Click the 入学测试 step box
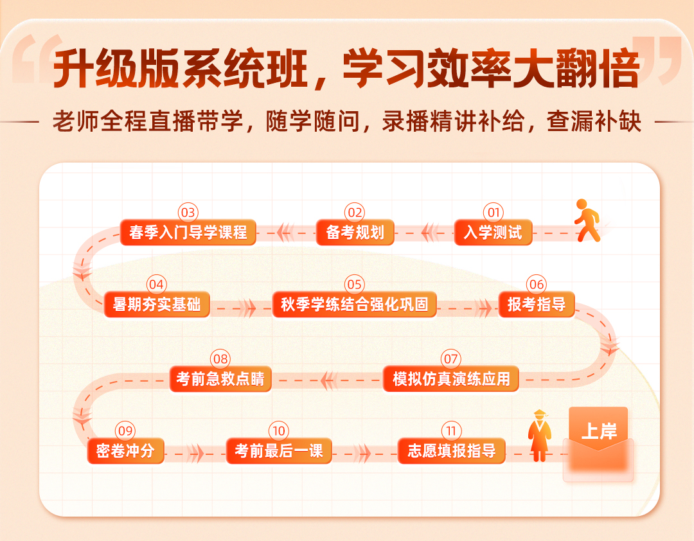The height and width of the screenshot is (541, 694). click(493, 233)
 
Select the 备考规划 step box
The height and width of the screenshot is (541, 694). click(355, 233)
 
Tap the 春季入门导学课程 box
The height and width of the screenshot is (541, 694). click(188, 233)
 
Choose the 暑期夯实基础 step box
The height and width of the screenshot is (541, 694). click(157, 304)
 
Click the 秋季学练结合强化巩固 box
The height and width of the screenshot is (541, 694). click(355, 304)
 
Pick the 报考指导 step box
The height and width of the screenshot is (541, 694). click(537, 304)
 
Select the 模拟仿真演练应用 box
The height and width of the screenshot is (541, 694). click(451, 379)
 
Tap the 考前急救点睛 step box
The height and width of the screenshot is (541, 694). click(220, 379)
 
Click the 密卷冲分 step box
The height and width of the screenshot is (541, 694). click(126, 450)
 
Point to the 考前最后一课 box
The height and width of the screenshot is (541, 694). click(279, 450)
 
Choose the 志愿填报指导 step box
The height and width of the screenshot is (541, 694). click(452, 450)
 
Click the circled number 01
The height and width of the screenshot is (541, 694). click(494, 213)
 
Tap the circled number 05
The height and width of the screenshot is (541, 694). click(355, 284)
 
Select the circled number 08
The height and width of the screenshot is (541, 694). click(220, 359)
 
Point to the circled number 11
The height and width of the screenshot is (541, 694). click(452, 430)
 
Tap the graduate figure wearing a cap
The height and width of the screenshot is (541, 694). click(540, 436)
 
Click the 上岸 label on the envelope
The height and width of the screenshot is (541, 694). click(598, 431)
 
